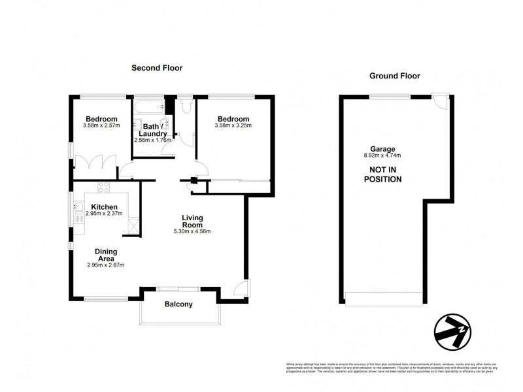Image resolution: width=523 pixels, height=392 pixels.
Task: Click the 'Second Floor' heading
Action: [x=156, y=67]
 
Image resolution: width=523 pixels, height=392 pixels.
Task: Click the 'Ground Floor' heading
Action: [x=394, y=76]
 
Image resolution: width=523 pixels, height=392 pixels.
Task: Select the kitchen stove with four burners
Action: [x=105, y=188]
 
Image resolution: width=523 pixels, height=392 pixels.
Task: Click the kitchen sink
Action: [x=78, y=210]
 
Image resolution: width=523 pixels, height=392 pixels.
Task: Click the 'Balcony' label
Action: [x=178, y=304]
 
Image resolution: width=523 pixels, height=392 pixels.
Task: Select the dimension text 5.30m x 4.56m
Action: [x=192, y=231]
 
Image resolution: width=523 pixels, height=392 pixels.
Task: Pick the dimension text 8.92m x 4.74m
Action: [x=382, y=155]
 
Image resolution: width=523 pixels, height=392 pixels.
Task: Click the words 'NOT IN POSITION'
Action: [x=382, y=174]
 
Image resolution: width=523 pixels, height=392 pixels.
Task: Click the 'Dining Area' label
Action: [x=105, y=254]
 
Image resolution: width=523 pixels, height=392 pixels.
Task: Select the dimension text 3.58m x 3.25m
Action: [x=233, y=125]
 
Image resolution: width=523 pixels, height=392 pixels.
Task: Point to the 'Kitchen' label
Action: [x=104, y=206]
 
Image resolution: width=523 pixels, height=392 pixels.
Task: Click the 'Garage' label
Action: [x=382, y=148]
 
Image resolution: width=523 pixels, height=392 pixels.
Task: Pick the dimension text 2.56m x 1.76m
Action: [x=152, y=140]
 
